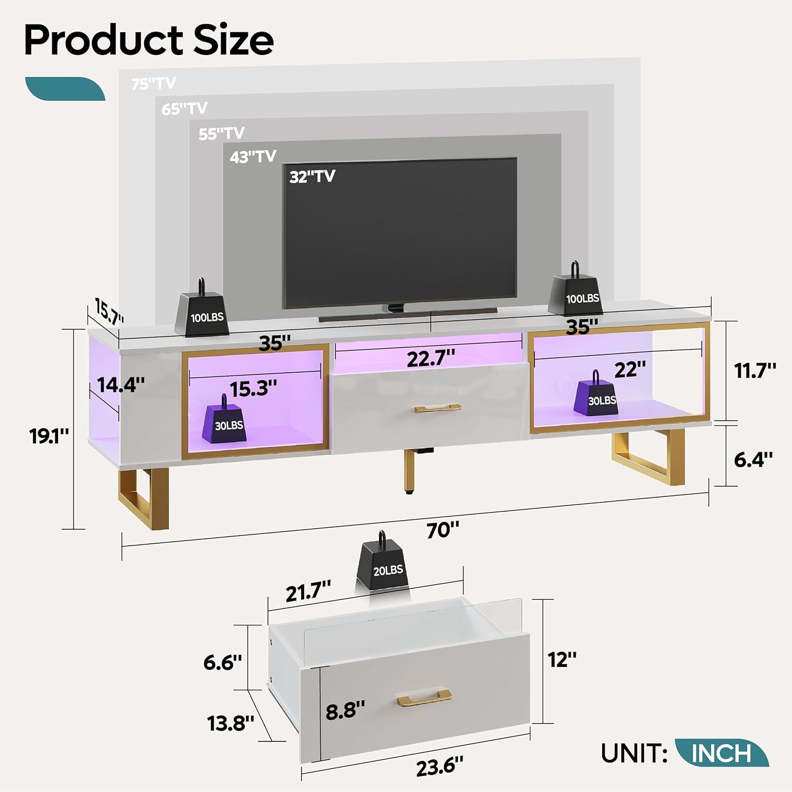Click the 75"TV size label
[154, 83]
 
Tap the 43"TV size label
[253, 157]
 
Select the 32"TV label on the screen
[312, 176]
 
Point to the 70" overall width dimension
[442, 530]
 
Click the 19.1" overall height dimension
[49, 436]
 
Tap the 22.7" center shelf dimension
[431, 359]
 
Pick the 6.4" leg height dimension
[753, 459]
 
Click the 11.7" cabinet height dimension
[755, 371]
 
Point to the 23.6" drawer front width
[439, 766]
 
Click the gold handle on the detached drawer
[423, 696]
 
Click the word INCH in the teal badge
[721, 753]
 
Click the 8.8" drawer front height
[345, 711]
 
